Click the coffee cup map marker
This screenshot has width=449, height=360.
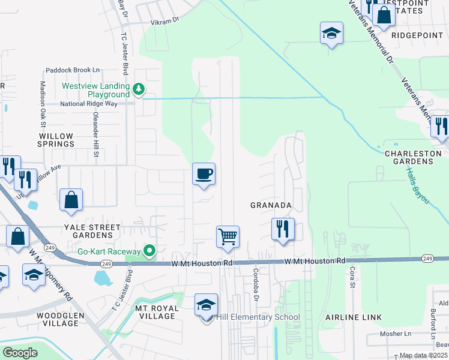[203, 174]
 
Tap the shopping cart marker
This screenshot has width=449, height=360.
[228, 236]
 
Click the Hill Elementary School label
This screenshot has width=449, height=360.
[258, 317]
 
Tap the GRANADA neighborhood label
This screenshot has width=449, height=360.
[271, 205]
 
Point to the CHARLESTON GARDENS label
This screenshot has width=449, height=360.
[409, 157]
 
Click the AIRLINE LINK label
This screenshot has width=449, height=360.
[350, 317]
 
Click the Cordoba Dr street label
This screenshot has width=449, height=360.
[256, 280]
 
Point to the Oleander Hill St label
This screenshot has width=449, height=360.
[95, 136]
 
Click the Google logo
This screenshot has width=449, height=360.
[20, 353]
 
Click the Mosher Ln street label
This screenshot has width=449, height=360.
[394, 334]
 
